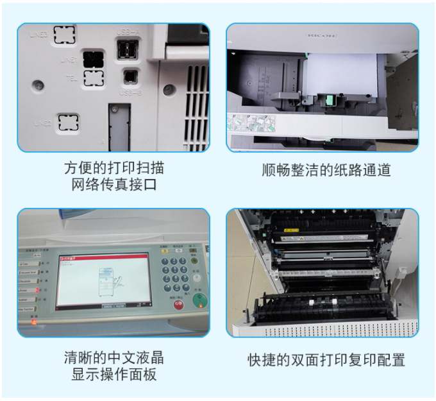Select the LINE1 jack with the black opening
(x=94, y=59)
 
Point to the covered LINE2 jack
(x=68, y=121)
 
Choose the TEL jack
(x=94, y=78)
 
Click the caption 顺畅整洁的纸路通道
(x=326, y=170)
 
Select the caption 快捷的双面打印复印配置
(x=326, y=359)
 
